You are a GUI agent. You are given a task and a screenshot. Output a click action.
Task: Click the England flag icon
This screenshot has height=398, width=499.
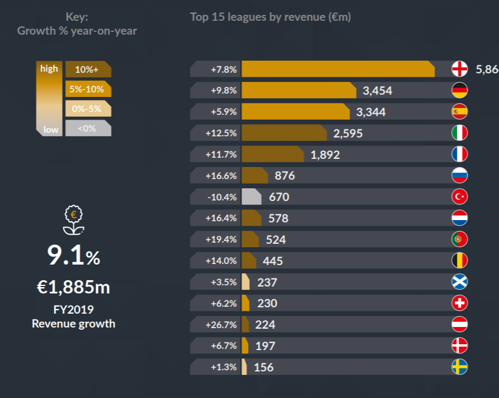(x=459, y=69)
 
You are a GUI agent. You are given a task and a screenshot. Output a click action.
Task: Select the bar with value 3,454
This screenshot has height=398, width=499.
(x=298, y=90)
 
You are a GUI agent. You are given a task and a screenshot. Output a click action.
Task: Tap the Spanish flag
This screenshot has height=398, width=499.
(x=459, y=111)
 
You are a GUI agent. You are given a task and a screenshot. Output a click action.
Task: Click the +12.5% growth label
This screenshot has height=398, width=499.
(x=221, y=133)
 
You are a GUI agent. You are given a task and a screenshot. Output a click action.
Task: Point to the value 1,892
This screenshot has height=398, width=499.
(x=325, y=154)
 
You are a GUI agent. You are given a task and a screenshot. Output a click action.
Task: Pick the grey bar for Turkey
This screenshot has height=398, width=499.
(x=251, y=197)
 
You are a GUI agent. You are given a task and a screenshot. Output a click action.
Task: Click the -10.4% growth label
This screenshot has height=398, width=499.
(x=221, y=197)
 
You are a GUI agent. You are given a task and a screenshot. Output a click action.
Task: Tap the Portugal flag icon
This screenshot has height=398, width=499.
(x=459, y=239)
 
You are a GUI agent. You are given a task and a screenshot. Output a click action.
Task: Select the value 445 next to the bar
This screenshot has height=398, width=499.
(x=272, y=261)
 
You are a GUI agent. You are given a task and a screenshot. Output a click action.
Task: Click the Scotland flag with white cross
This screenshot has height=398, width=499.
(x=459, y=282)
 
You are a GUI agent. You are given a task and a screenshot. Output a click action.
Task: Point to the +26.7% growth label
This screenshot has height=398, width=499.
(x=221, y=325)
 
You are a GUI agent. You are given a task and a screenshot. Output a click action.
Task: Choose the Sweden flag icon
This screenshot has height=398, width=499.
(x=459, y=367)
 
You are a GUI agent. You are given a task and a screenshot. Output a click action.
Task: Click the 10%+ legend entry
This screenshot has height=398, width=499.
(x=88, y=69)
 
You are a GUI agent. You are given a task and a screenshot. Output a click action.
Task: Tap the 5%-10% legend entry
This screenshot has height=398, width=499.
(x=88, y=90)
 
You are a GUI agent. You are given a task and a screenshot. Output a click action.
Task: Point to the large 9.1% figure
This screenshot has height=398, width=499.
(x=73, y=256)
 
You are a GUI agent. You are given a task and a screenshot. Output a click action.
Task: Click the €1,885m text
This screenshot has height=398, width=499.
(x=73, y=287)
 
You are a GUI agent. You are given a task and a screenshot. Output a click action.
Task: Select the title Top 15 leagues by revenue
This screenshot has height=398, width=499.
(x=270, y=17)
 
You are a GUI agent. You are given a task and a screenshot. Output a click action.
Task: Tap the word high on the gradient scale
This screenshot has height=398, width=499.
(x=49, y=69)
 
